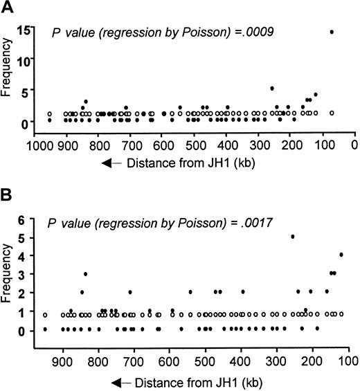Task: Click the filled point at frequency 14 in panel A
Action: pyautogui.click(x=332, y=32)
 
